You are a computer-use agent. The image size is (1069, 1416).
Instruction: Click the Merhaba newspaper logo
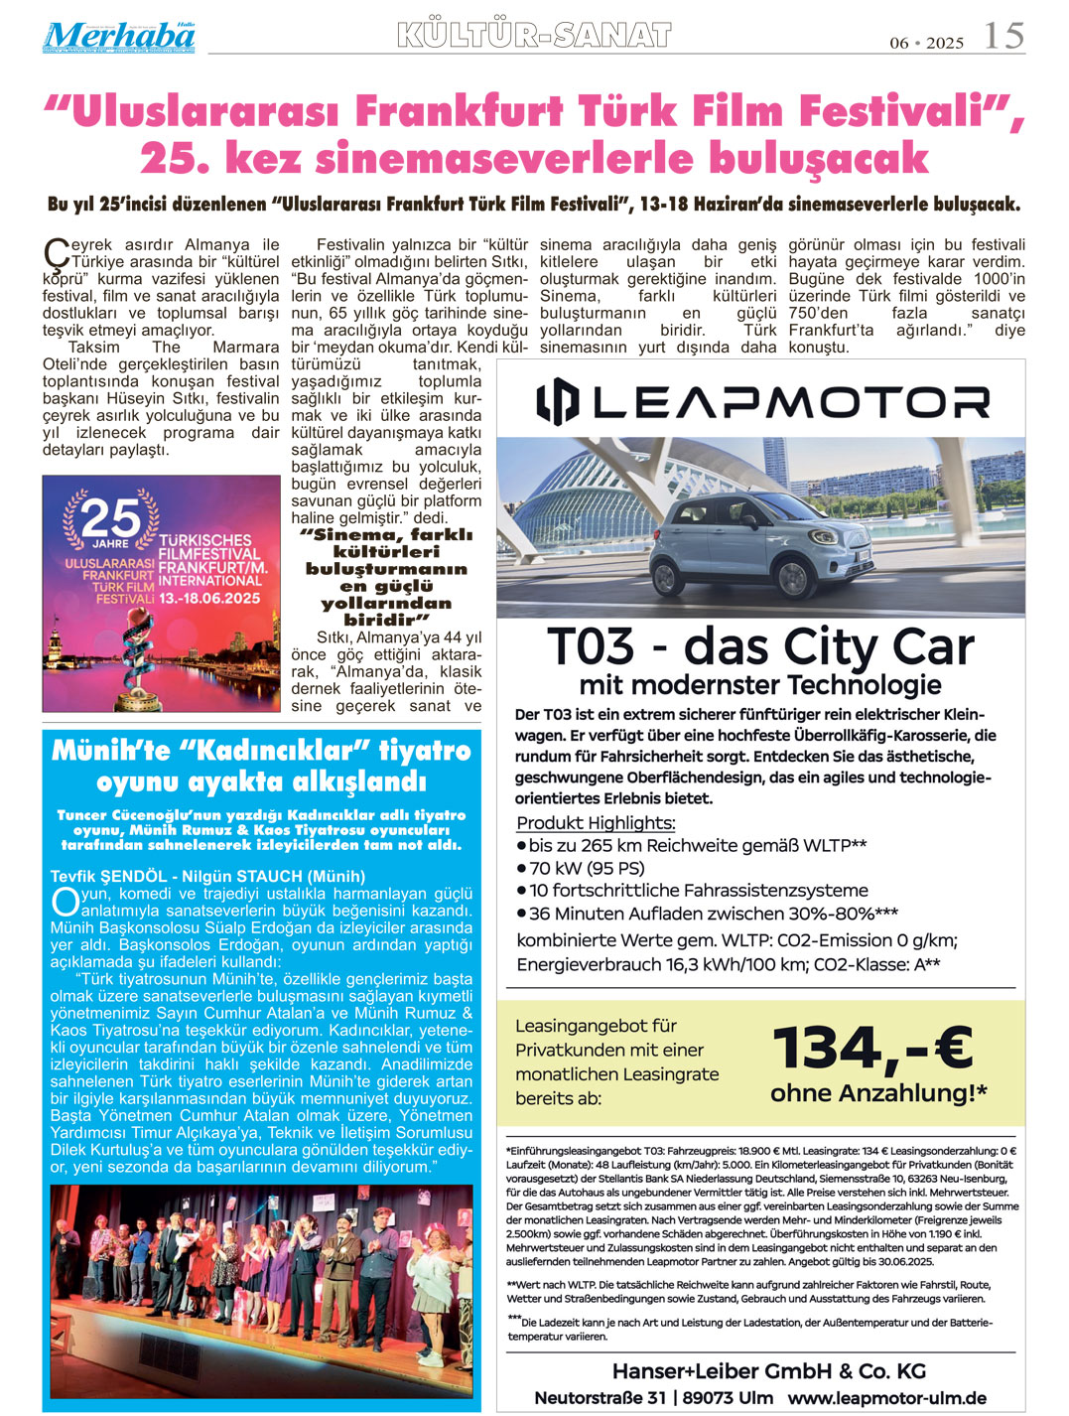(118, 37)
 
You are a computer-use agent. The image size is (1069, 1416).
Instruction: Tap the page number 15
(1002, 36)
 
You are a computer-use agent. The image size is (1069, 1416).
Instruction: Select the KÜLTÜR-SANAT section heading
(534, 36)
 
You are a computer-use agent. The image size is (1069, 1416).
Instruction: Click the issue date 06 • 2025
(926, 43)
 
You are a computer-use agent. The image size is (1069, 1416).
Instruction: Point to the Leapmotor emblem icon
(557, 402)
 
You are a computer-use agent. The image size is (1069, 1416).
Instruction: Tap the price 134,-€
(872, 1049)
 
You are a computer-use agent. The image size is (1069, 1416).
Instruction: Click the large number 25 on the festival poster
(110, 516)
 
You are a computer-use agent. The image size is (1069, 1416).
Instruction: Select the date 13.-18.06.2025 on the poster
(209, 599)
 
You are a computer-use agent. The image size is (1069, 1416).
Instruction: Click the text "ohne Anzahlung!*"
(878, 1093)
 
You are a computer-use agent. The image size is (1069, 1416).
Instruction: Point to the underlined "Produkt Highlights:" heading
(596, 823)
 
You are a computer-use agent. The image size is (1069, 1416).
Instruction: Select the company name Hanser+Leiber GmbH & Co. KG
(768, 1371)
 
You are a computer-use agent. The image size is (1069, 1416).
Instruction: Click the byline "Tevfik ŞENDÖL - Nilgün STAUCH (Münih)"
(207, 876)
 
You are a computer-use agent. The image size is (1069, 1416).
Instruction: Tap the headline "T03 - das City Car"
(760, 647)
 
